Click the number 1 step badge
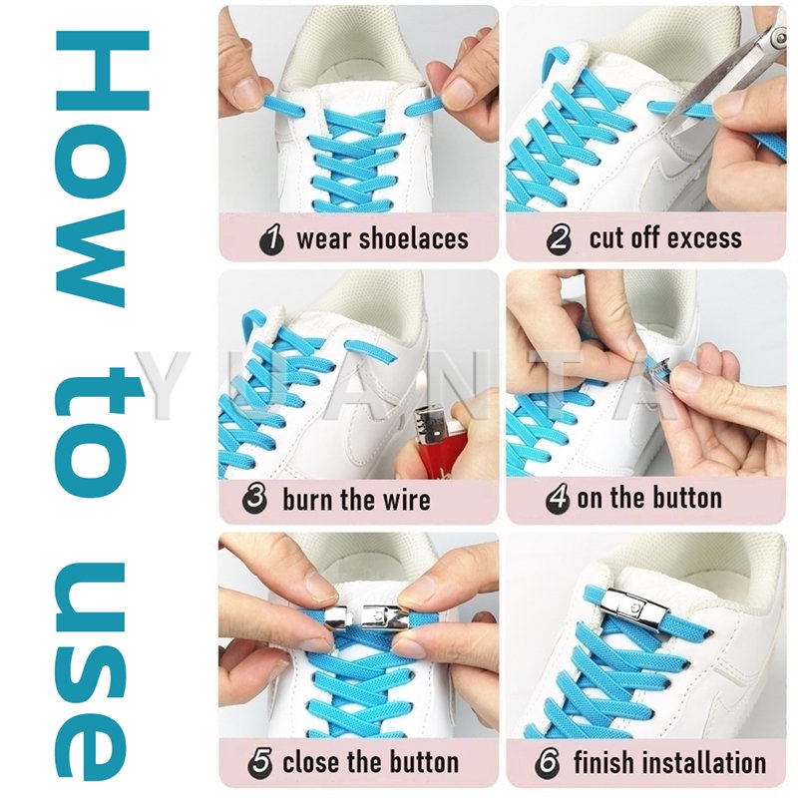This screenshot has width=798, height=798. pos(271,239)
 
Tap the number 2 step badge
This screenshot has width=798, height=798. pos(559,238)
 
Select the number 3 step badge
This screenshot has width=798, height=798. pos(255,498)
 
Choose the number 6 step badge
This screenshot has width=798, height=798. pos(547,762)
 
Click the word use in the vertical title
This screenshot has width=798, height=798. pos(90,671)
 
